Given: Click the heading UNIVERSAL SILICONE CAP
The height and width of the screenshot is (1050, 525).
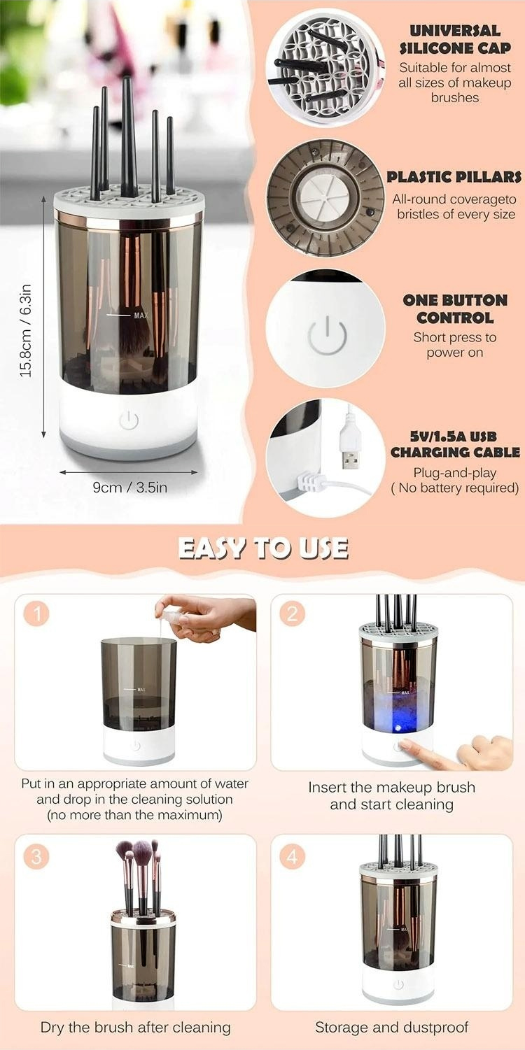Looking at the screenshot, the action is tap(454, 39).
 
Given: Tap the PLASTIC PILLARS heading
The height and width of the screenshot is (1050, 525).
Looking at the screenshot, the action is tap(454, 177).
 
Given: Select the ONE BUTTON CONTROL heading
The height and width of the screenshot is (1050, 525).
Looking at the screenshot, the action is tap(454, 309).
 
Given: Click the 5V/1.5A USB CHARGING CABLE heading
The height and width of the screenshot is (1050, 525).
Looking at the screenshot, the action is tap(455, 444).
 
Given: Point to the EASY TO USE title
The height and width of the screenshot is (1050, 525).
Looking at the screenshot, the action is tap(263, 548).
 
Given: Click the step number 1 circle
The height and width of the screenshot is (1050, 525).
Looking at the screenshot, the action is tap(36, 614).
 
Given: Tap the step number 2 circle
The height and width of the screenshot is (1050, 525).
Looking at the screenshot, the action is tap(293, 614).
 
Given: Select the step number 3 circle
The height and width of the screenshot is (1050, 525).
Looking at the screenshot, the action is tap(36, 857).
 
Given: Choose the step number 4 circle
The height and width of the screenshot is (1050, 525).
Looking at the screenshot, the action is tap(293, 857).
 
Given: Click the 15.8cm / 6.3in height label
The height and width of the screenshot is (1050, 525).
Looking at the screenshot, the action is tap(26, 330).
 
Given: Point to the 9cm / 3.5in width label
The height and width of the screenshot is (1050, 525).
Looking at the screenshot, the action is tap(130, 488).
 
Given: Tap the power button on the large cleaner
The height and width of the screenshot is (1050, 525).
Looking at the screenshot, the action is tap(129, 420).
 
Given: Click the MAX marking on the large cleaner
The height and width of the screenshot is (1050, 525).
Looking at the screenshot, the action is tap(141, 315).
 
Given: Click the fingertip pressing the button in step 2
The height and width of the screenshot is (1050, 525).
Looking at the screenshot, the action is tap(406, 744).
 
